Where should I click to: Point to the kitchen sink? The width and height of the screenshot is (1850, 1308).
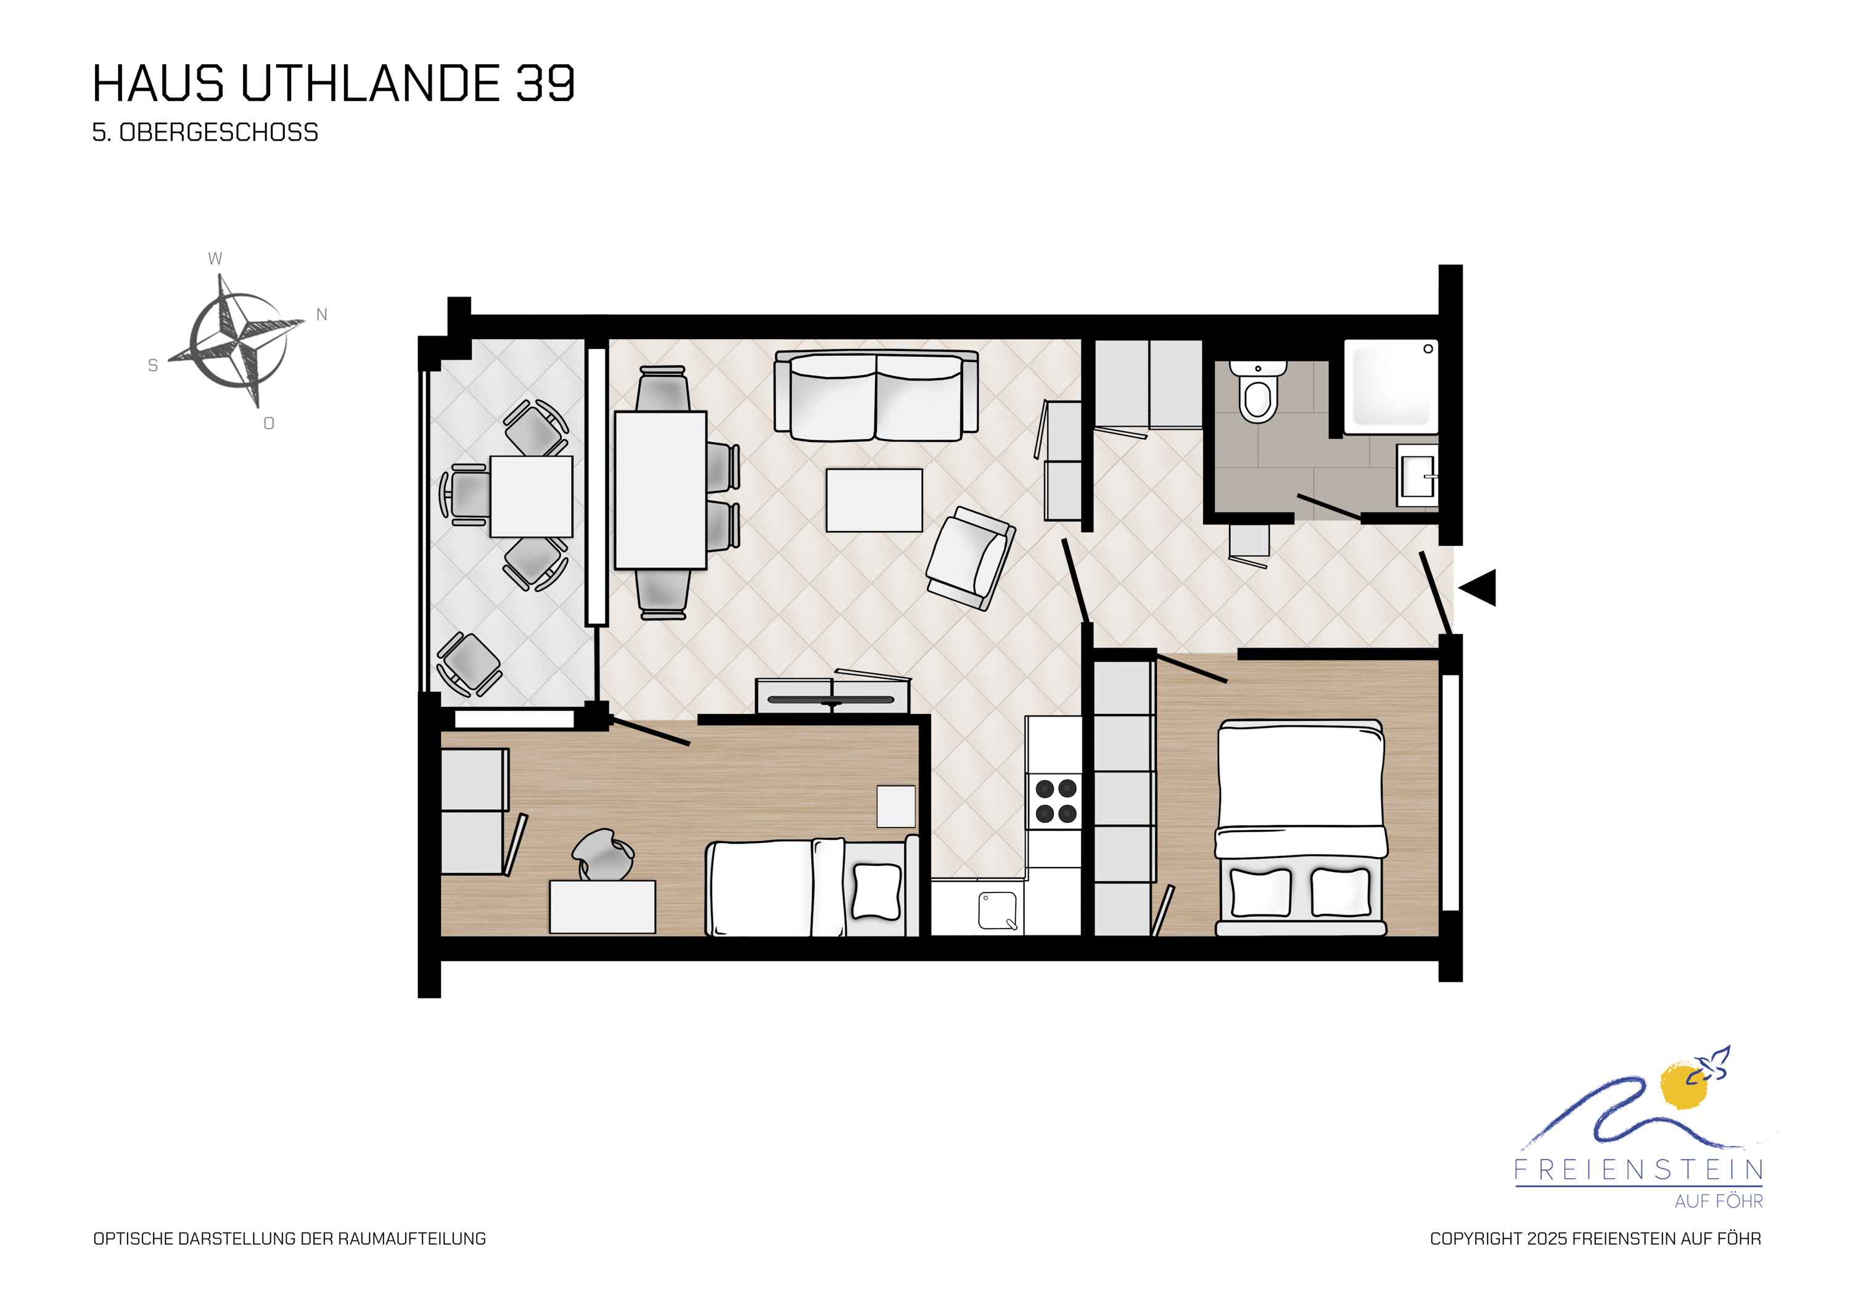(998, 911)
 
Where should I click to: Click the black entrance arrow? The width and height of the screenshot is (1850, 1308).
(1478, 588)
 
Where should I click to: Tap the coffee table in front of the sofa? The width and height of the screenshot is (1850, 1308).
(874, 501)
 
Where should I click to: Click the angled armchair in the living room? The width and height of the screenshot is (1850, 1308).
(970, 557)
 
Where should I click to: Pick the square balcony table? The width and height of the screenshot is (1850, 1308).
(531, 496)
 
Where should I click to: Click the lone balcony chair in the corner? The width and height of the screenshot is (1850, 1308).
(468, 665)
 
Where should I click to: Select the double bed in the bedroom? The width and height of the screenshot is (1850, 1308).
(1301, 828)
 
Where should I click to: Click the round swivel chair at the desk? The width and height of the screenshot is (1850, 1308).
(602, 854)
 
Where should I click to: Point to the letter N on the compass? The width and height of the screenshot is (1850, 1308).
(321, 315)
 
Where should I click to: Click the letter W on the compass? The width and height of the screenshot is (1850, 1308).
(215, 258)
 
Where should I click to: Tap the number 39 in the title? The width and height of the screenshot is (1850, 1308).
(546, 83)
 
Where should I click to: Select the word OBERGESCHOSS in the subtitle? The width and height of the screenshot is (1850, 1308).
(218, 132)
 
